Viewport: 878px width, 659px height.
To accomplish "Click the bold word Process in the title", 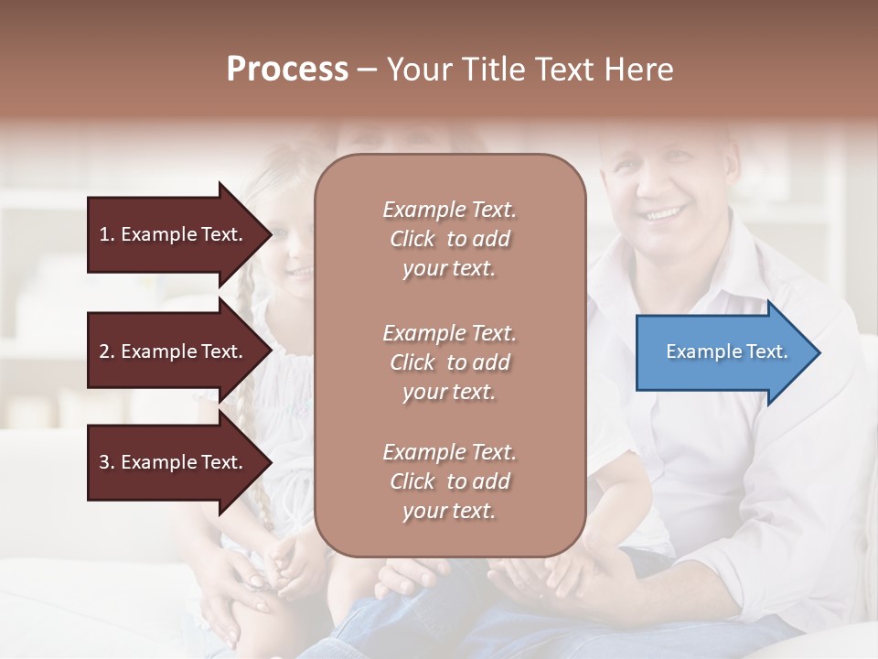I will tap(287, 70).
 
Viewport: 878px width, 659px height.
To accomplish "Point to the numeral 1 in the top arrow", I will tap(104, 234).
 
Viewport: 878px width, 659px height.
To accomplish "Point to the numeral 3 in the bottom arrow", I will tap(104, 462).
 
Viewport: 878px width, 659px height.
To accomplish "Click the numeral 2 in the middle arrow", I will tap(104, 351).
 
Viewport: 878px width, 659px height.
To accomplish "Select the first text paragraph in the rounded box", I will tap(449, 239).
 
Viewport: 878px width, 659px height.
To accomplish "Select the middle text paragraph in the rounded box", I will tap(449, 362).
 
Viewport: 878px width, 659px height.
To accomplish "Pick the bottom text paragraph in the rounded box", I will tap(449, 481).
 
